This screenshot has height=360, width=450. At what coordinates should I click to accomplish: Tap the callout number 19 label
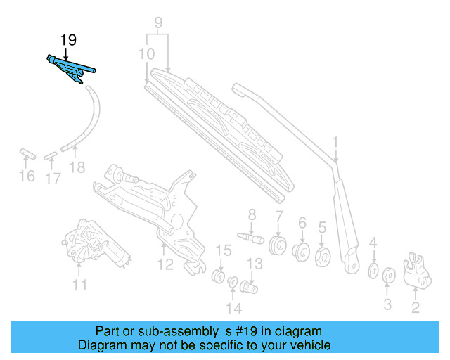67,40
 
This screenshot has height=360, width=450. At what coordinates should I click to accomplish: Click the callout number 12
165,264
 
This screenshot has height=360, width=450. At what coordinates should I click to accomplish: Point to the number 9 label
158,22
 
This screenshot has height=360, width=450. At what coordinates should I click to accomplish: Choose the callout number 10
147,53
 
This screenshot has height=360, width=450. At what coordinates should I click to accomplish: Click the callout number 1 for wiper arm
335,143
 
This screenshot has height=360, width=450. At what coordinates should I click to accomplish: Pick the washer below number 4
373,271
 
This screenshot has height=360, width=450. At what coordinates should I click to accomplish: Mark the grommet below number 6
302,251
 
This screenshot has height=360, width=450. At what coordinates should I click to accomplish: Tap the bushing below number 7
278,247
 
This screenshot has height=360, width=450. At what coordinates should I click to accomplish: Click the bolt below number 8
250,236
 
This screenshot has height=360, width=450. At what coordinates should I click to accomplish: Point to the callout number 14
233,308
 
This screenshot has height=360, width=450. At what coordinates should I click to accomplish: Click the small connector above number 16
27,153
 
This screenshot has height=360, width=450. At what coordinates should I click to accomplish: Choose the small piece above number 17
51,155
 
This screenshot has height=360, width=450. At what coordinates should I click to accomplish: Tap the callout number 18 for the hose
77,167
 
